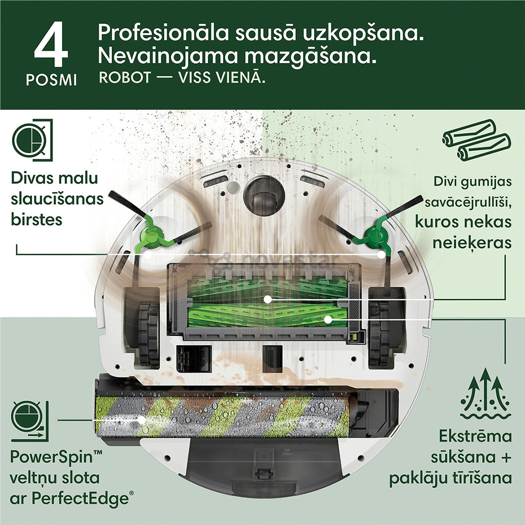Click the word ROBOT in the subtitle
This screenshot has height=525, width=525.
pyautogui.click(x=125, y=78)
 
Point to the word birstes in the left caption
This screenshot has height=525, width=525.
pyautogui.click(x=37, y=219)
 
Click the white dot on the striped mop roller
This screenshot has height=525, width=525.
pyautogui.click(x=141, y=419)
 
